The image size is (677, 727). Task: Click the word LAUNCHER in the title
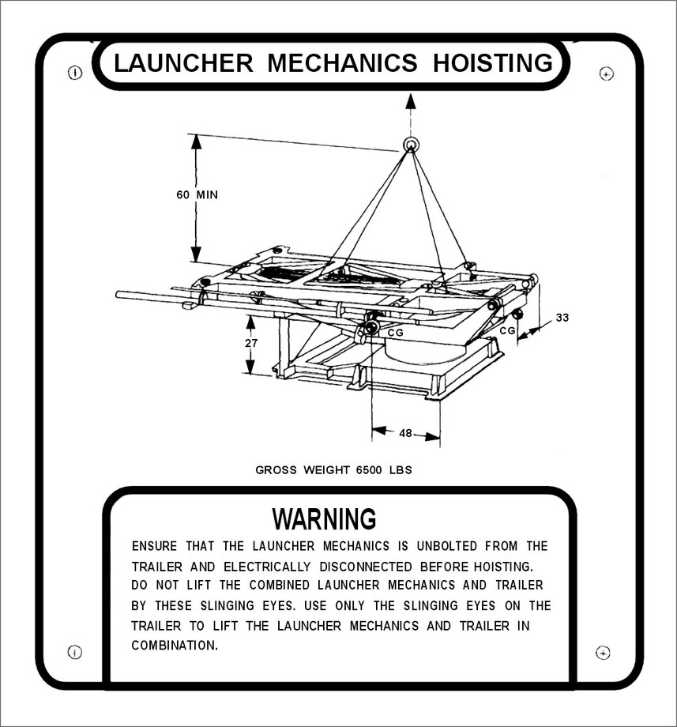[x=183, y=62]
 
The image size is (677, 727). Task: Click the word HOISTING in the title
[x=493, y=62]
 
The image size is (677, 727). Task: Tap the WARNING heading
[x=325, y=518]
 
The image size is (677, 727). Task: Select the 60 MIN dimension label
[x=197, y=194]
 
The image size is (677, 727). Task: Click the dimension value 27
[x=250, y=343]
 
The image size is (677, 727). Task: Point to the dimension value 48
[x=405, y=433]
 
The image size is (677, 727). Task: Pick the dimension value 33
[x=562, y=318]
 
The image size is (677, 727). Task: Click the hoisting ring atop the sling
[x=411, y=145]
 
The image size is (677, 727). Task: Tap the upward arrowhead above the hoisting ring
[x=411, y=101]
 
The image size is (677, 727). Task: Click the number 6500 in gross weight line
[x=369, y=470]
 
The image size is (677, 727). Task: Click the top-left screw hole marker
[x=75, y=73]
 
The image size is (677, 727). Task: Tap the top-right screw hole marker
[x=607, y=73]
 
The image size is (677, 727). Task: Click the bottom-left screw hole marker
[x=74, y=652]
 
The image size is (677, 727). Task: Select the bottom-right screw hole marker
[x=603, y=653]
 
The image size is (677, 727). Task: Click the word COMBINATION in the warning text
[x=175, y=646]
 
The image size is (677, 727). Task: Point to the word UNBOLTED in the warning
[x=446, y=546]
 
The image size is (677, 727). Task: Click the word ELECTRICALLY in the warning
[x=267, y=567]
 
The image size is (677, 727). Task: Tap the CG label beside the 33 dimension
[x=507, y=330]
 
